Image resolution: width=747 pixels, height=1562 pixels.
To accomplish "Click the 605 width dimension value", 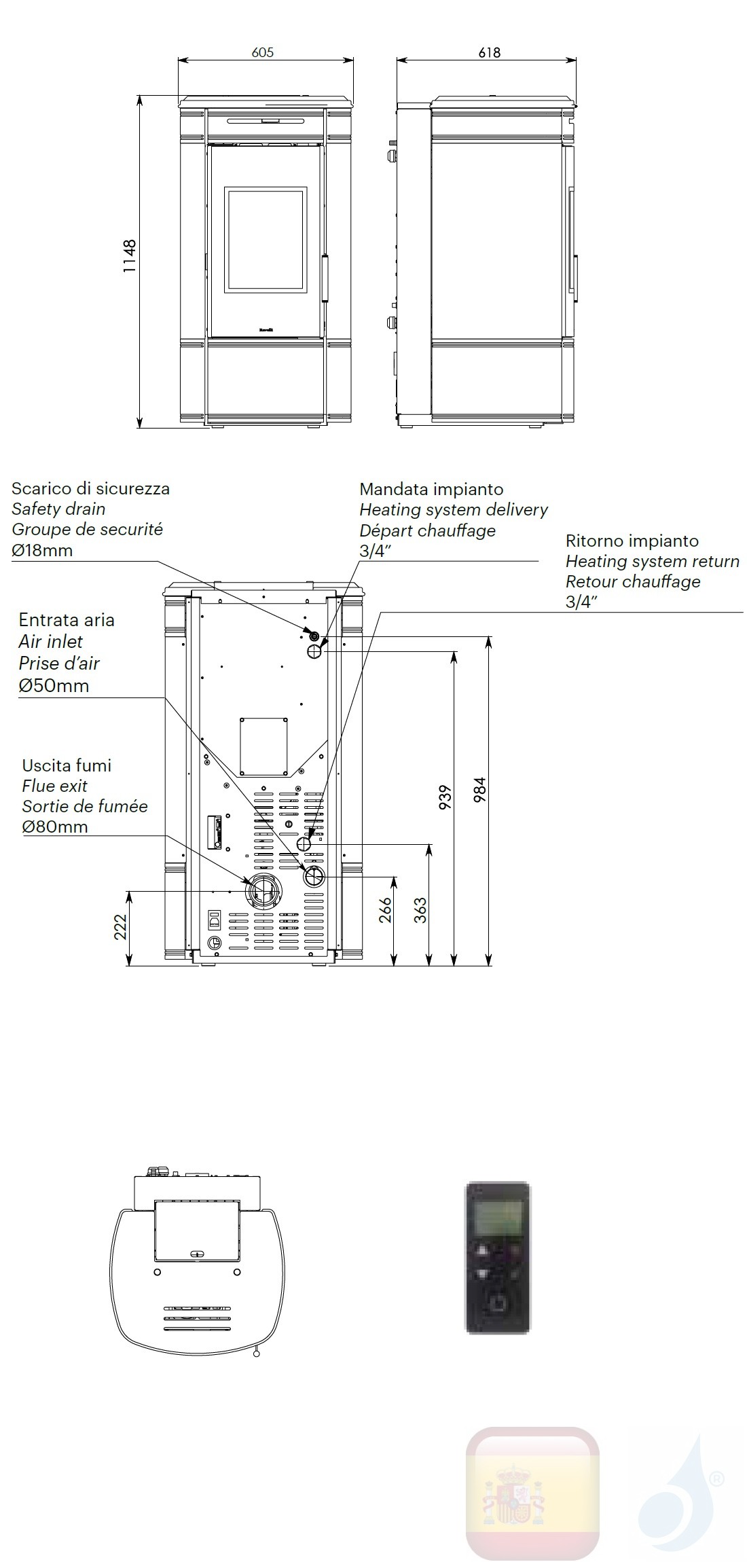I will pos(262,52).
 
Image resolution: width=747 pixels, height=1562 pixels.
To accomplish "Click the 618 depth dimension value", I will pos(489,52).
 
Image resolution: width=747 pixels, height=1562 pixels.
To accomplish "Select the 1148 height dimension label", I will pos(129,256).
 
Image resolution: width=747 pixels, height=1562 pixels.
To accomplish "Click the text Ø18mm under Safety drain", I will pos(42,550).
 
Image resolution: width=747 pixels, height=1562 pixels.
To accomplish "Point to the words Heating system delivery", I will pos(453,509).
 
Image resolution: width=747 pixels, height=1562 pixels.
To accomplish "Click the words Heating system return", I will pos(652,561).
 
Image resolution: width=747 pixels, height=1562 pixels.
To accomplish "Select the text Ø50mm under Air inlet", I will pos(54,685).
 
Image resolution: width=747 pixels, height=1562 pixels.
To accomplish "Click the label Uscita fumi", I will pos(67,765).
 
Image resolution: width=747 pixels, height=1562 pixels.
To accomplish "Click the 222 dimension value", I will pos(120,926).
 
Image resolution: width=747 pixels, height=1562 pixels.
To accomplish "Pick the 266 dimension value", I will pos(384,911).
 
